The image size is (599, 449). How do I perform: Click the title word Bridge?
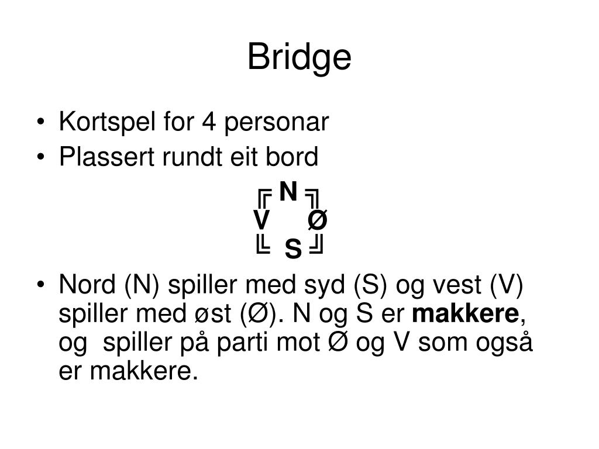click(299, 58)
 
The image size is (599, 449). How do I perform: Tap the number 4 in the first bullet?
click(208, 123)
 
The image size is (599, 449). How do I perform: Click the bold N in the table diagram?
click(288, 191)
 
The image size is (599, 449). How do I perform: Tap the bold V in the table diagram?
click(261, 221)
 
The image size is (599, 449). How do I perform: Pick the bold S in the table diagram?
click(293, 250)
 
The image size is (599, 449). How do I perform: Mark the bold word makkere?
click(466, 315)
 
